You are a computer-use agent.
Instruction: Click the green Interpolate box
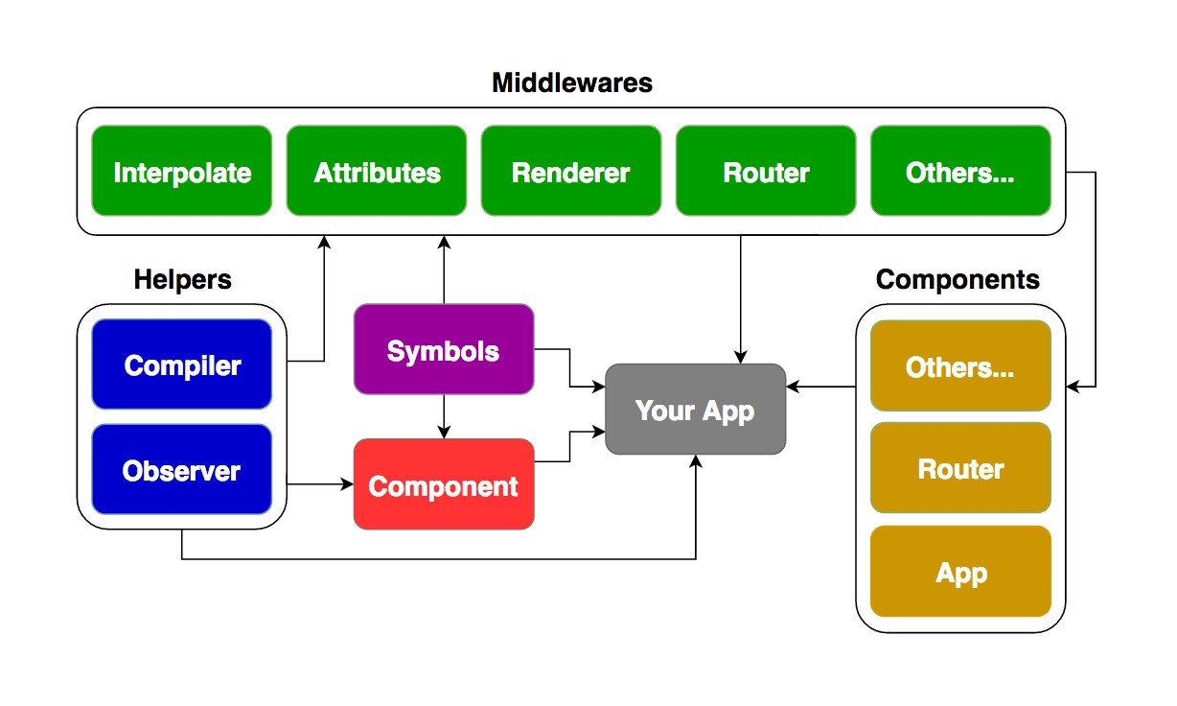pyautogui.click(x=182, y=171)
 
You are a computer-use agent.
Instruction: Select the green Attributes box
pyautogui.click(x=377, y=171)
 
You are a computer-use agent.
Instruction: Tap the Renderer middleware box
pyautogui.click(x=571, y=171)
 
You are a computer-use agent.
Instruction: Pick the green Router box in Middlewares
pyautogui.click(x=766, y=171)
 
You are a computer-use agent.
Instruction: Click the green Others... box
pyautogui.click(x=960, y=171)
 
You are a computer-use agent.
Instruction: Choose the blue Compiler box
pyautogui.click(x=182, y=364)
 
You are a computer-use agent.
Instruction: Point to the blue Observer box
pyautogui.click(x=182, y=469)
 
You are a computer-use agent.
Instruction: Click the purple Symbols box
pyautogui.click(x=444, y=349)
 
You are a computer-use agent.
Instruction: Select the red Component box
pyautogui.click(x=444, y=484)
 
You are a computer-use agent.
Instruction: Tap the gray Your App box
pyautogui.click(x=695, y=409)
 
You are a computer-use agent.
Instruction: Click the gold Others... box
pyautogui.click(x=960, y=365)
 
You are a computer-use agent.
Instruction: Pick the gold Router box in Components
pyautogui.click(x=960, y=467)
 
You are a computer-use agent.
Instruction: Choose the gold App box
pyautogui.click(x=960, y=572)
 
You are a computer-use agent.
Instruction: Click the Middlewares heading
pyautogui.click(x=571, y=83)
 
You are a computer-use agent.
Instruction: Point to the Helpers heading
pyautogui.click(x=182, y=280)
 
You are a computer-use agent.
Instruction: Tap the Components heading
pyautogui.click(x=958, y=280)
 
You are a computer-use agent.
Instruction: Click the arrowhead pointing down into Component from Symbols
pyautogui.click(x=444, y=432)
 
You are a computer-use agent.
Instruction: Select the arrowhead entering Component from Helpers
pyautogui.click(x=347, y=484)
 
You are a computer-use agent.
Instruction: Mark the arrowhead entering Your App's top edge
pyautogui.click(x=740, y=357)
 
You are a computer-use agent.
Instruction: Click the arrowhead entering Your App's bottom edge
pyautogui.click(x=696, y=461)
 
